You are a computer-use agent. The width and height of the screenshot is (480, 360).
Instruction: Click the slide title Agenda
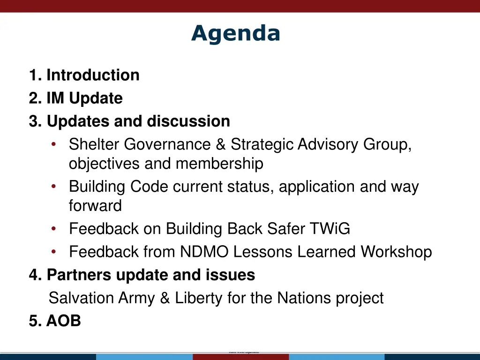[x=235, y=34]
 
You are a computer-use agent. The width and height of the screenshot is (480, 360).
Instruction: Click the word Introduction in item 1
[x=93, y=75]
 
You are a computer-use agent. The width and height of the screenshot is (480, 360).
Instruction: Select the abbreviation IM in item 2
[x=56, y=98]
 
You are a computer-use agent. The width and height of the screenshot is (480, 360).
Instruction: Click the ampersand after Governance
[x=221, y=145]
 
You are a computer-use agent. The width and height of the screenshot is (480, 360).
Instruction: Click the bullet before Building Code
[x=54, y=187]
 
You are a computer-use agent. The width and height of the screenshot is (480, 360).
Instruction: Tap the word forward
[x=95, y=205]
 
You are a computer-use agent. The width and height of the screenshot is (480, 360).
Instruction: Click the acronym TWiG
[x=330, y=229]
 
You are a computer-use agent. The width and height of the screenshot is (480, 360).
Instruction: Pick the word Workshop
[x=396, y=252]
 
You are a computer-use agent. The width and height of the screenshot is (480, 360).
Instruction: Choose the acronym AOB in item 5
[x=63, y=321]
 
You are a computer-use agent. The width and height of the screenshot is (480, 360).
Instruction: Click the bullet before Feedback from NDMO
[x=54, y=252]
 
